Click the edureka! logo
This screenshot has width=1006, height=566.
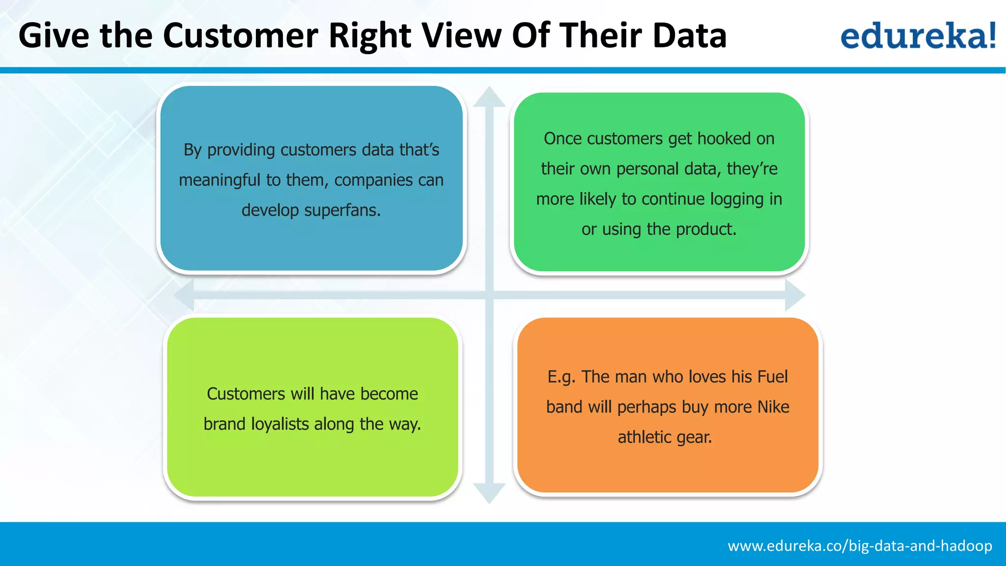918,35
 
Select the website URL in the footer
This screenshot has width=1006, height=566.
860,546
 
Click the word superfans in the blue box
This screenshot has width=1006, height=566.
342,210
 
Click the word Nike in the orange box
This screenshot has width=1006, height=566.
773,407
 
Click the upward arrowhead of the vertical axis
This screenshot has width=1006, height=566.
489,97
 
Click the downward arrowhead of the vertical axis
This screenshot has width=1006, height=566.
489,492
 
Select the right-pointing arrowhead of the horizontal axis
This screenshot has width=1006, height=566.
794,295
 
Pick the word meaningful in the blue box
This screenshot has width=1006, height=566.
220,180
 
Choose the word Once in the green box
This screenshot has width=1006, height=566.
563,139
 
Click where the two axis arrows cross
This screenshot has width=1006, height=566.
489,295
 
